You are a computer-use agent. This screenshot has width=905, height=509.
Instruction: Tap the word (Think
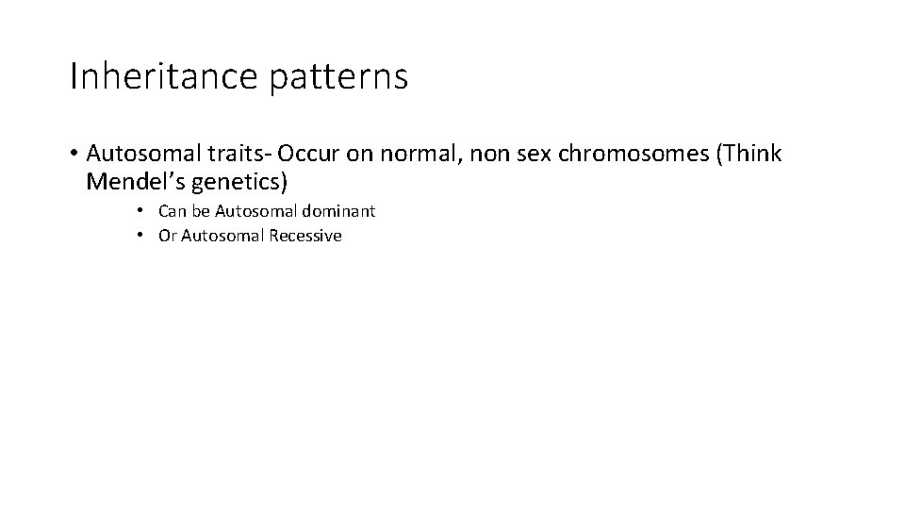click(x=749, y=155)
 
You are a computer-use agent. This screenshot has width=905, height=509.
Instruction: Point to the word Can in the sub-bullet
click(x=173, y=211)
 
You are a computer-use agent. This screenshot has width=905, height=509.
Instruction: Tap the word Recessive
click(x=304, y=236)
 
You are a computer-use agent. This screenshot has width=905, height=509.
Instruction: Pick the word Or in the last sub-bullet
click(x=167, y=236)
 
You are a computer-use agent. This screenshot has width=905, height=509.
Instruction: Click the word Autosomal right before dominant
click(x=252, y=211)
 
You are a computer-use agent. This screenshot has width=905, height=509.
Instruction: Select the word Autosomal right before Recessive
click(x=222, y=236)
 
